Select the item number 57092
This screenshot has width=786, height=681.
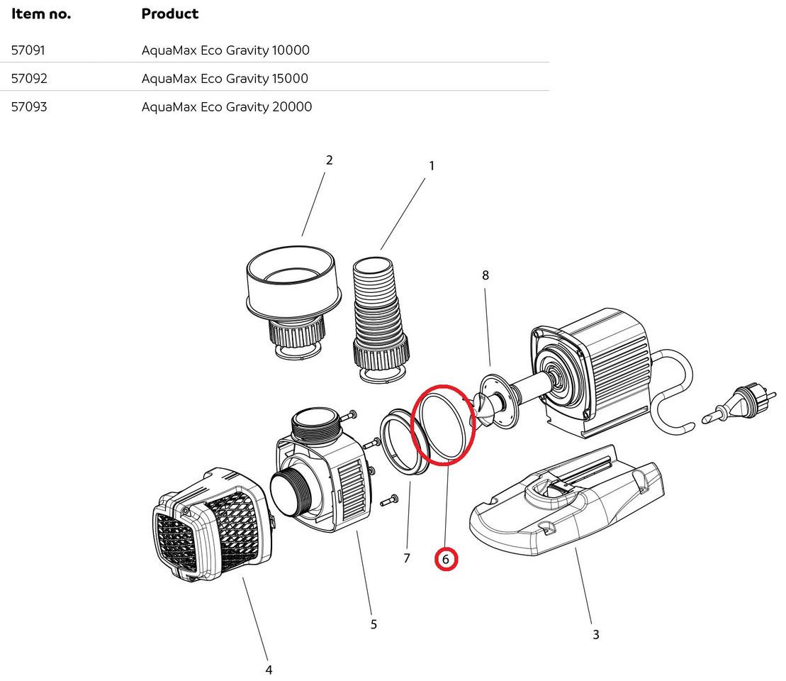pyautogui.click(x=29, y=79)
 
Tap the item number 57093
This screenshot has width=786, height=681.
pyautogui.click(x=29, y=107)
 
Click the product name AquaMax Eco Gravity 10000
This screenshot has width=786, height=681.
pyautogui.click(x=225, y=50)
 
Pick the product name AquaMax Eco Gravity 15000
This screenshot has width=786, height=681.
pyautogui.click(x=225, y=79)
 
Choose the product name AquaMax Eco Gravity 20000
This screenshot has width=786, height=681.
pyautogui.click(x=227, y=107)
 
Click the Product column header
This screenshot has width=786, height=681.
pyautogui.click(x=170, y=13)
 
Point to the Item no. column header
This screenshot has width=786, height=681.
pyautogui.click(x=41, y=13)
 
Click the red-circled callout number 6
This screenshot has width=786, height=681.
pyautogui.click(x=446, y=560)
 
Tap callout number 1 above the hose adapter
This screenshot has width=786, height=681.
pyautogui.click(x=431, y=166)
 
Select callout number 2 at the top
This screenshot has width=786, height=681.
pyautogui.click(x=329, y=160)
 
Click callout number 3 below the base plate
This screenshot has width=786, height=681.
pyautogui.click(x=595, y=635)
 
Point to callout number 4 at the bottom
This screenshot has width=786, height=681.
pyautogui.click(x=269, y=670)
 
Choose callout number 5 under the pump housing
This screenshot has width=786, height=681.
pyautogui.click(x=374, y=624)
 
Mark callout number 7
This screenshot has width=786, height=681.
pyautogui.click(x=407, y=558)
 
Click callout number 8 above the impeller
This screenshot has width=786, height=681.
pyautogui.click(x=485, y=275)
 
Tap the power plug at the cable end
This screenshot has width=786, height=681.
pyautogui.click(x=738, y=404)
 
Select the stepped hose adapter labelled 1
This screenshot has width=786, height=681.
pyautogui.click(x=381, y=312)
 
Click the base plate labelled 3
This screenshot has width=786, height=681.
pyautogui.click(x=567, y=504)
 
